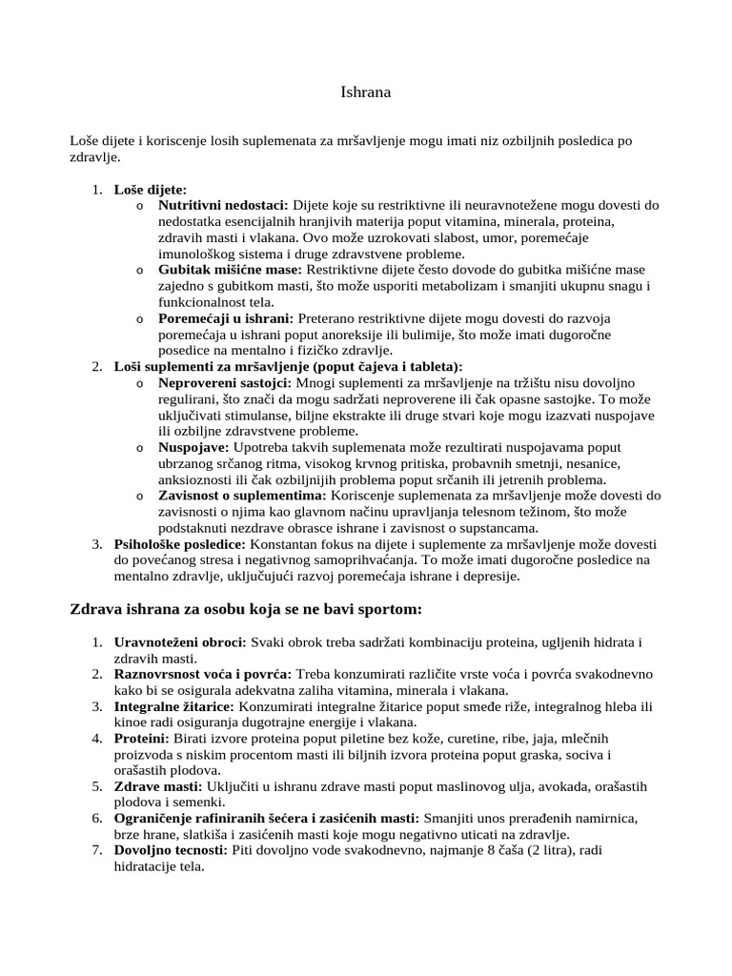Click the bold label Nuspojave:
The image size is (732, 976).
coord(193,447)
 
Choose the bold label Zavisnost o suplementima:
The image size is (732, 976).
coord(242,496)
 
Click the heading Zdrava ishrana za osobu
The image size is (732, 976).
coord(246,609)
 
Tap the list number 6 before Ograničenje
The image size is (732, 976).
coord(97,819)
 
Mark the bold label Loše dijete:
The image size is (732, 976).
coord(151,189)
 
